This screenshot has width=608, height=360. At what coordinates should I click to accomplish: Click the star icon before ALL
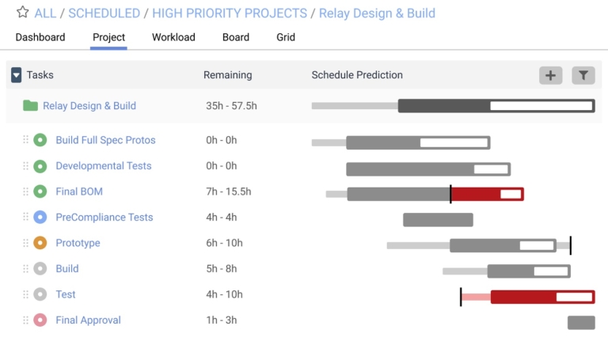tap(22, 13)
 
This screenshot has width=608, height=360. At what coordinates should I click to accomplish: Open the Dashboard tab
tap(40, 37)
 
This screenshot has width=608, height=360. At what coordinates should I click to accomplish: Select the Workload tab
tap(173, 37)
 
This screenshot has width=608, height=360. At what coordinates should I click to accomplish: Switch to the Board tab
tap(236, 37)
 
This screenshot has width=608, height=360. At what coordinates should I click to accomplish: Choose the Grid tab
tap(286, 37)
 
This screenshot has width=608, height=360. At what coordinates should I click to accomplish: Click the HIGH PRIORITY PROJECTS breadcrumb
tap(230, 13)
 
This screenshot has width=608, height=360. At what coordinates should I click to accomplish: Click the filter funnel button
tap(583, 75)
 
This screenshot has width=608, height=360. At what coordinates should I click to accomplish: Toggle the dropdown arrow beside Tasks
tap(16, 75)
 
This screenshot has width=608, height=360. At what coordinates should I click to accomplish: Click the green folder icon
tap(31, 106)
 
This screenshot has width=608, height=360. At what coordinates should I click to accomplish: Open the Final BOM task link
tap(79, 191)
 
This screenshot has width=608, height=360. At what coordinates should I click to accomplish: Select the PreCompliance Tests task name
tap(104, 218)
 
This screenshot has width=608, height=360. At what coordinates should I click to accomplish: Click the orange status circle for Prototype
tap(40, 243)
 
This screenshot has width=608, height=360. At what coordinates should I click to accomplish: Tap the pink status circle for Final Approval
tap(40, 320)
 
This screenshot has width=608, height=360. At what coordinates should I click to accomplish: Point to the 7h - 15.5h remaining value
tap(228, 191)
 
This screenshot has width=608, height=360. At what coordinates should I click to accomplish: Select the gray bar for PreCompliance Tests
tap(438, 220)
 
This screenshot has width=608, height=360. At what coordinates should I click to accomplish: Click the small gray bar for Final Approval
tap(581, 323)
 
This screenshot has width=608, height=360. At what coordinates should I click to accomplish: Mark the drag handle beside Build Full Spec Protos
tap(25, 140)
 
